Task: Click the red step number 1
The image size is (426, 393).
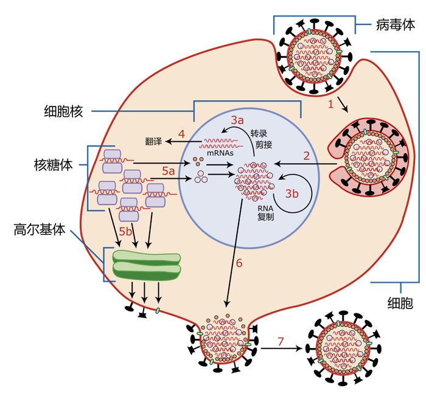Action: [331, 104]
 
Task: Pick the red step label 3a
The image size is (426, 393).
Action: [237, 120]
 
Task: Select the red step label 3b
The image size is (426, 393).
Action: [292, 194]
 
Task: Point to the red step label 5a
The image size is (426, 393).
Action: [168, 172]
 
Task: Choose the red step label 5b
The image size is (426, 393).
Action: [125, 232]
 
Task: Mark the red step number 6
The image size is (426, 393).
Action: [239, 263]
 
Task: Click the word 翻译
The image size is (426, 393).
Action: [153, 142]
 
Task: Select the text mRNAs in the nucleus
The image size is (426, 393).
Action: [217, 154]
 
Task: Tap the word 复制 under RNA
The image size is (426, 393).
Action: [265, 216]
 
